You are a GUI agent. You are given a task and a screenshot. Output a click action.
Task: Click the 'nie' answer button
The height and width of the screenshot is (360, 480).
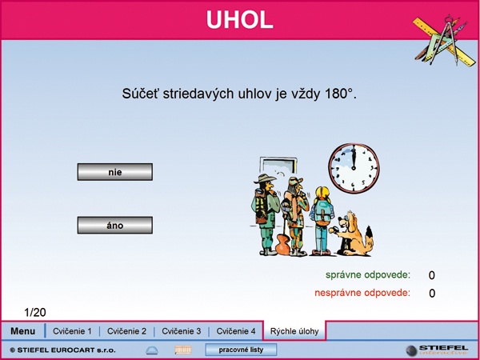pos(114,172)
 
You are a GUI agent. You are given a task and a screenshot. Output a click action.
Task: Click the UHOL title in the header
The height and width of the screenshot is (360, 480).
pos(240,19)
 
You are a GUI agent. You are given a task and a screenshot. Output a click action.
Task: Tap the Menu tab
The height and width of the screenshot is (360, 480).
pos(22,331)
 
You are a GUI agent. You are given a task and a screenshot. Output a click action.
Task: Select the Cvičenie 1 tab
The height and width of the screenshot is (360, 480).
pos(72,331)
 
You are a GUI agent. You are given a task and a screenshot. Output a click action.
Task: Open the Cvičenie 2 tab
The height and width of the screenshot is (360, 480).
pos(126,331)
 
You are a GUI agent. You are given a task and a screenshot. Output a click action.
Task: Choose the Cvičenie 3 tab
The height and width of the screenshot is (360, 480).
pos(182,331)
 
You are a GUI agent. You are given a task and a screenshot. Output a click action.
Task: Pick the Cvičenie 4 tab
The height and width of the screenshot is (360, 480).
pos(236,331)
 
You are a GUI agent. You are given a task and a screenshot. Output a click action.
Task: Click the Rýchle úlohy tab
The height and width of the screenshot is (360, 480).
pos(294,331)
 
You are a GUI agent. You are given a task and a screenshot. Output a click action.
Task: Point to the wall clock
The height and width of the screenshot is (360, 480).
pos(354,168)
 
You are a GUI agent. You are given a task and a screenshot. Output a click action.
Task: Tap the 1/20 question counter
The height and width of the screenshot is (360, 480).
pos(35,312)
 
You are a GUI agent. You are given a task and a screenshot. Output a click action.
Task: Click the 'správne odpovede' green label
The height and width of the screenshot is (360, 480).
pos(368,274)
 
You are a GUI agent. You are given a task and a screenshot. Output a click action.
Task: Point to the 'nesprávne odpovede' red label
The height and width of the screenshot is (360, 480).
pos(362,293)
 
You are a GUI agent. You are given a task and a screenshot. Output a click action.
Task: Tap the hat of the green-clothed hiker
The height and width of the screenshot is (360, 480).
pos(265,178)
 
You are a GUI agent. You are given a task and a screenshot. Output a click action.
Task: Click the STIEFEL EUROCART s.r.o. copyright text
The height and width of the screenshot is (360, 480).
pos(62,350)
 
